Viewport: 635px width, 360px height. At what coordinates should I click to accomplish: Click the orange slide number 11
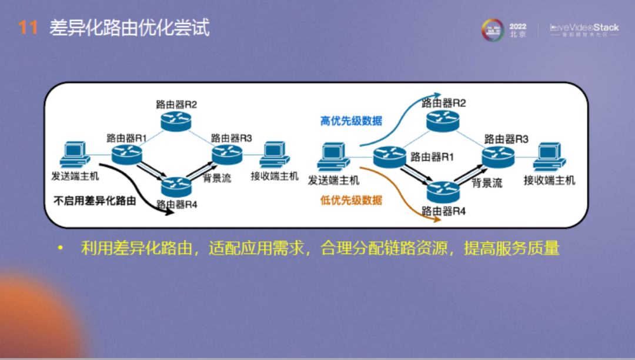point(28,28)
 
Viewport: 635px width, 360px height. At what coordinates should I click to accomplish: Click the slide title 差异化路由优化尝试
point(129,28)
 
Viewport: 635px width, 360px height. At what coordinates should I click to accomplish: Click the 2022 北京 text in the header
point(518,30)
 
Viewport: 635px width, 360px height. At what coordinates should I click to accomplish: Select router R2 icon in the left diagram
point(176,122)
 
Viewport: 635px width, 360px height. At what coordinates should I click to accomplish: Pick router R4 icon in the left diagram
point(176,186)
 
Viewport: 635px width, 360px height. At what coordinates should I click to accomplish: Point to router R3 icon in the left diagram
point(228,154)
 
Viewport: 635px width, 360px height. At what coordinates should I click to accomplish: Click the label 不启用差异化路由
point(95,201)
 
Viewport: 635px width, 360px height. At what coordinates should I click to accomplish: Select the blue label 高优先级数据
point(351,121)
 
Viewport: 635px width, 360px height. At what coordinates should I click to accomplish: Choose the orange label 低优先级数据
point(351,200)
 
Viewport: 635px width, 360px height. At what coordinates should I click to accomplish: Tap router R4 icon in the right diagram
point(443,192)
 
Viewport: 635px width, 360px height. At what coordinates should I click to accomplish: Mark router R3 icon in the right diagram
point(498,156)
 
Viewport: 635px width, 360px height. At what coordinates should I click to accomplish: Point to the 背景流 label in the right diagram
point(487,183)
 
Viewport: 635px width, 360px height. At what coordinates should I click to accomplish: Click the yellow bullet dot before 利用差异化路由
point(59,249)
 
